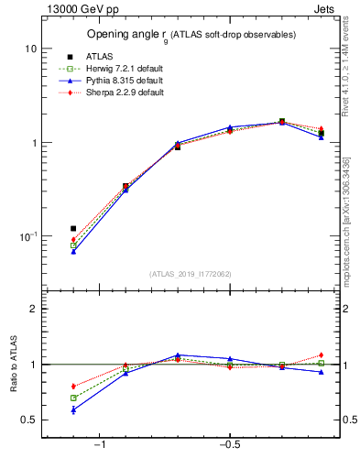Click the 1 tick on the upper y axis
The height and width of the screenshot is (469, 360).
(x=34, y=143)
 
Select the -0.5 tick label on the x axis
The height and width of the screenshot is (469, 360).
(x=228, y=444)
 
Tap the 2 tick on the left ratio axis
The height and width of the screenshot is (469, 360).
(x=34, y=309)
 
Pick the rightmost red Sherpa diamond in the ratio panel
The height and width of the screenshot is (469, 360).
(x=322, y=355)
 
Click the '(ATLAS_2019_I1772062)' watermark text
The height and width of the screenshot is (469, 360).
(x=191, y=273)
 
